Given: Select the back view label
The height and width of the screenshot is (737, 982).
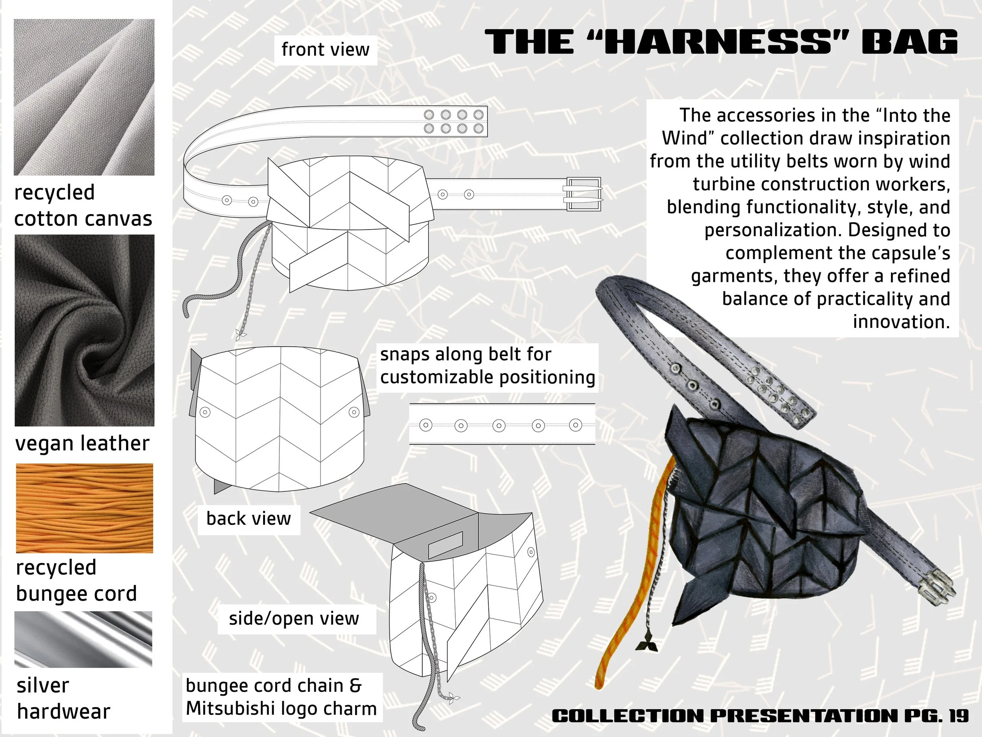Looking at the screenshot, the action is (x=249, y=519).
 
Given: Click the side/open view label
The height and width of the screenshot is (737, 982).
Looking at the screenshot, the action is (x=294, y=619).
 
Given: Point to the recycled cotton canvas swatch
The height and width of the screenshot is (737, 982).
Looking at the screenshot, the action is (x=84, y=97).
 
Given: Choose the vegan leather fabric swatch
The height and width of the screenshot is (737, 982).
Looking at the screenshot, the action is (x=84, y=330).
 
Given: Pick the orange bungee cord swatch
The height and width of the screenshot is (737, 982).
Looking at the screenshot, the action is (x=84, y=508).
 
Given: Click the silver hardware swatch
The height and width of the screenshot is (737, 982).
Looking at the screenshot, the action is (x=83, y=639).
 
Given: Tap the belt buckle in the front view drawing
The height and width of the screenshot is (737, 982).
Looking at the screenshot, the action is (x=583, y=194).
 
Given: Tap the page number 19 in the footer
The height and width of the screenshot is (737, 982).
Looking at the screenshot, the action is (x=958, y=716).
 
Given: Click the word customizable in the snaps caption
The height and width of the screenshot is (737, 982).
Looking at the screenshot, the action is (x=437, y=378).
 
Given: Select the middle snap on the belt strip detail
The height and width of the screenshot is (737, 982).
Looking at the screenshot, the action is (x=499, y=425).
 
